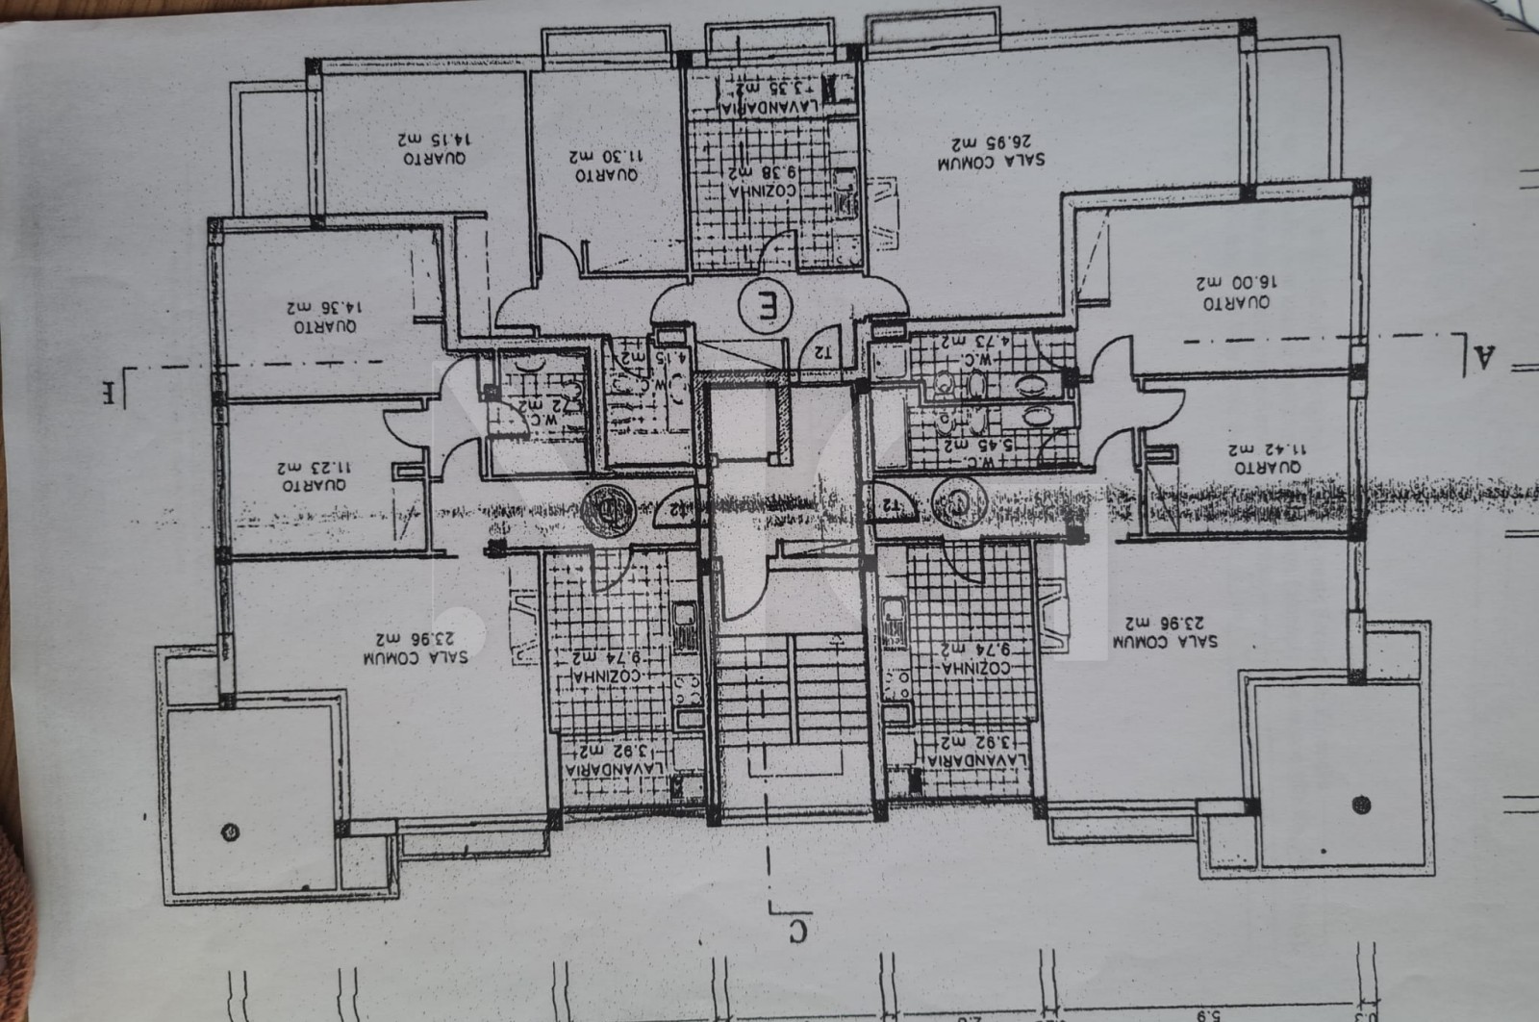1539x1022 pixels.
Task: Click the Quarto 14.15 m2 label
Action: click(432, 147)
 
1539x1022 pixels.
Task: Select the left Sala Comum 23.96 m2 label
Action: click(416, 648)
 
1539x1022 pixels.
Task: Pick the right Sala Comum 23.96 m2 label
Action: click(1166, 631)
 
